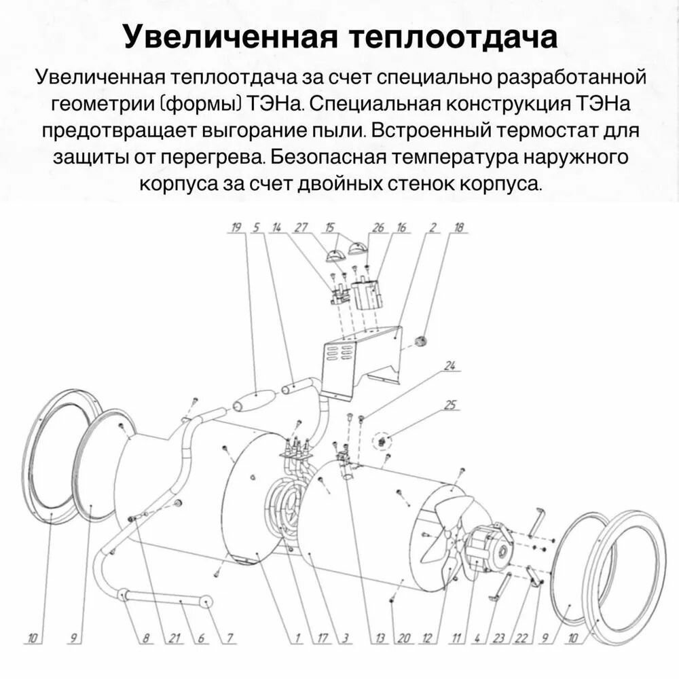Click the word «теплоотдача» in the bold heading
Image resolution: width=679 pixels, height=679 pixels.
tap(453, 38)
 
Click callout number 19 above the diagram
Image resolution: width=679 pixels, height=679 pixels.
tap(236, 228)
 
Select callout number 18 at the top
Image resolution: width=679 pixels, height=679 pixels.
tap(460, 228)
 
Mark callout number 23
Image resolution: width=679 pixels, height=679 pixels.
tap(499, 638)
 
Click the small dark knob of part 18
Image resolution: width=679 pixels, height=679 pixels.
tap(420, 339)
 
